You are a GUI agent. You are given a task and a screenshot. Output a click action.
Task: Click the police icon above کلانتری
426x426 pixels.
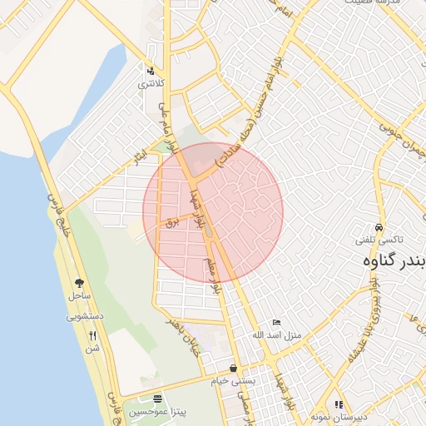click(151, 71)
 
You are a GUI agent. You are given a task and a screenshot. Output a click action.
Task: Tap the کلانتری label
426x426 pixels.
click(151, 84)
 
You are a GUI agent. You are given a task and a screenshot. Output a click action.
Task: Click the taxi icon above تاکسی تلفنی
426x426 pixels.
click(379, 226)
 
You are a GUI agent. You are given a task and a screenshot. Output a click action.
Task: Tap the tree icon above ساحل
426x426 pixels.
click(79, 283)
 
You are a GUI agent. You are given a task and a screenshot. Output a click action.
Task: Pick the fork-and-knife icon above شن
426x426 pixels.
click(92, 335)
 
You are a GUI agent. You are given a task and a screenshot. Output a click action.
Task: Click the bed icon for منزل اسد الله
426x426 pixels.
click(277, 323)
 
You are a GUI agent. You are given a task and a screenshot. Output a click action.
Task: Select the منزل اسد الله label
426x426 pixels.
click(275, 335)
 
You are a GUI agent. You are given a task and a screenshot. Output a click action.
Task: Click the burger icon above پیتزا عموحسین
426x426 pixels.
click(158, 399)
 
